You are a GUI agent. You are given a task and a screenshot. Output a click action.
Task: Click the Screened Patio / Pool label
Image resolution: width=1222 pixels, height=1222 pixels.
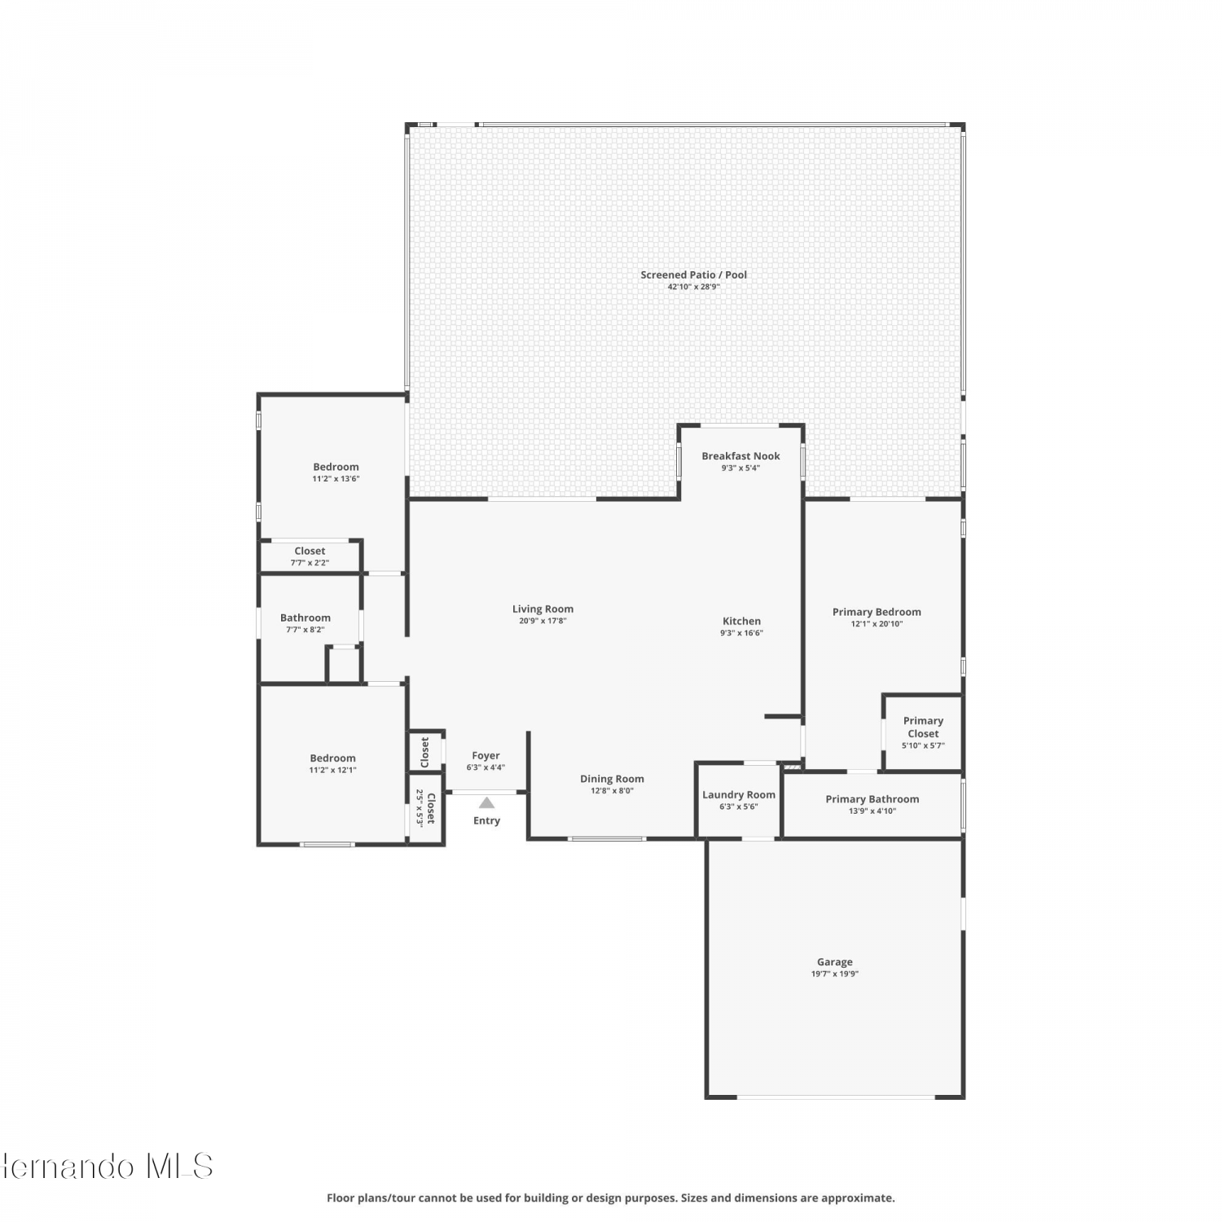[693, 275]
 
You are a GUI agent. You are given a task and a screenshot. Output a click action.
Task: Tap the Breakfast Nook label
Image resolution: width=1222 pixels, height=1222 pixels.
[741, 456]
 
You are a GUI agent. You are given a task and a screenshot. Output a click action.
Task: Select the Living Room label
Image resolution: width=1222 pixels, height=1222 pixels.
[543, 609]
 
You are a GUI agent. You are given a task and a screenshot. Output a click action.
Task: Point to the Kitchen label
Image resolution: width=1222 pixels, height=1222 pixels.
[741, 621]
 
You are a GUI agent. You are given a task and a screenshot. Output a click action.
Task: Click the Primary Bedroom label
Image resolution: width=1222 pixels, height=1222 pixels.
[877, 612]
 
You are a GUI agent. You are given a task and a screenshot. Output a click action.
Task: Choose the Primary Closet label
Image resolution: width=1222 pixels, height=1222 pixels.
[923, 727]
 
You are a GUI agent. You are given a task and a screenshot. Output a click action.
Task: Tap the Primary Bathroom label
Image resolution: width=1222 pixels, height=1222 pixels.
[873, 799]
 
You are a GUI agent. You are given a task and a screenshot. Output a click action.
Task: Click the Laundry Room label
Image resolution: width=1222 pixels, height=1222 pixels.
[739, 795]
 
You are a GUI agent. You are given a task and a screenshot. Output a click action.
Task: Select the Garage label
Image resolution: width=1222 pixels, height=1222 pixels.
[835, 962]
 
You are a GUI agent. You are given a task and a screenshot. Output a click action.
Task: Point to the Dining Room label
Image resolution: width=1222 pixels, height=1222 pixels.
[612, 779]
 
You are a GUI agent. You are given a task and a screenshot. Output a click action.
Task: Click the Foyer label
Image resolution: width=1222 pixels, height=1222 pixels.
[486, 756]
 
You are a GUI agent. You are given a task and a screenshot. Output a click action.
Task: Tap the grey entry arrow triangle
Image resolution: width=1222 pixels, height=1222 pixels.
[486, 803]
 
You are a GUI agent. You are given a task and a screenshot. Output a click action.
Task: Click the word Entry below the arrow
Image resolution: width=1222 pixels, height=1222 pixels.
[486, 820]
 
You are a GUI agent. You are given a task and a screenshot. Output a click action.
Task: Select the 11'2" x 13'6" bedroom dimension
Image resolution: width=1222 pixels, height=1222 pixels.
[336, 479]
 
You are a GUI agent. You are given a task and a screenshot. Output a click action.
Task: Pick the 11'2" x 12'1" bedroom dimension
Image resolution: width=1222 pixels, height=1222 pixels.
[332, 770]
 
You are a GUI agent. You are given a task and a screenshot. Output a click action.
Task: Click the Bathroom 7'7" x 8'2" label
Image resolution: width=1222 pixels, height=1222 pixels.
[305, 623]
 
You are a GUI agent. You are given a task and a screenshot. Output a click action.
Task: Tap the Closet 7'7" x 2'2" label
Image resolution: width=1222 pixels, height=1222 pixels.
[310, 556]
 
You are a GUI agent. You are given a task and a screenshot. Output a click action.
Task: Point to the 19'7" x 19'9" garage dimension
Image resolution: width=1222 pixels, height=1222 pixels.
[835, 974]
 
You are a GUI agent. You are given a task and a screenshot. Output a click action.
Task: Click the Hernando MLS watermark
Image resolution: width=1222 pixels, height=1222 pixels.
[107, 1167]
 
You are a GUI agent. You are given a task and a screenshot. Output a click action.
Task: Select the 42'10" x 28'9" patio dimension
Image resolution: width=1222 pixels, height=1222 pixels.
[693, 287]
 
